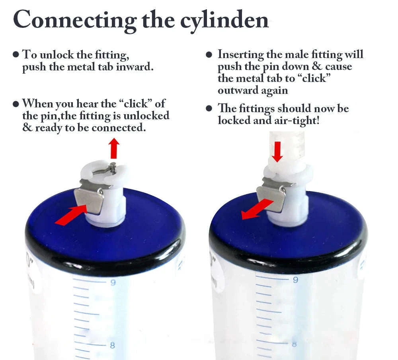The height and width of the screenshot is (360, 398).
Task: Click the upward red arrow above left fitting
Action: coord(115,148)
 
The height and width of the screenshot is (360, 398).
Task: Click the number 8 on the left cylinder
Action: coord(112,345)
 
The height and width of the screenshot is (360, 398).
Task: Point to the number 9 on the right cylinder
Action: coord(295,280)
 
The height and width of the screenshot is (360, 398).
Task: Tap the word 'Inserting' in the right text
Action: coord(241,54)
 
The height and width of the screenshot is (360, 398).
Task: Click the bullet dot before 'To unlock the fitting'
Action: coord(16,54)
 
